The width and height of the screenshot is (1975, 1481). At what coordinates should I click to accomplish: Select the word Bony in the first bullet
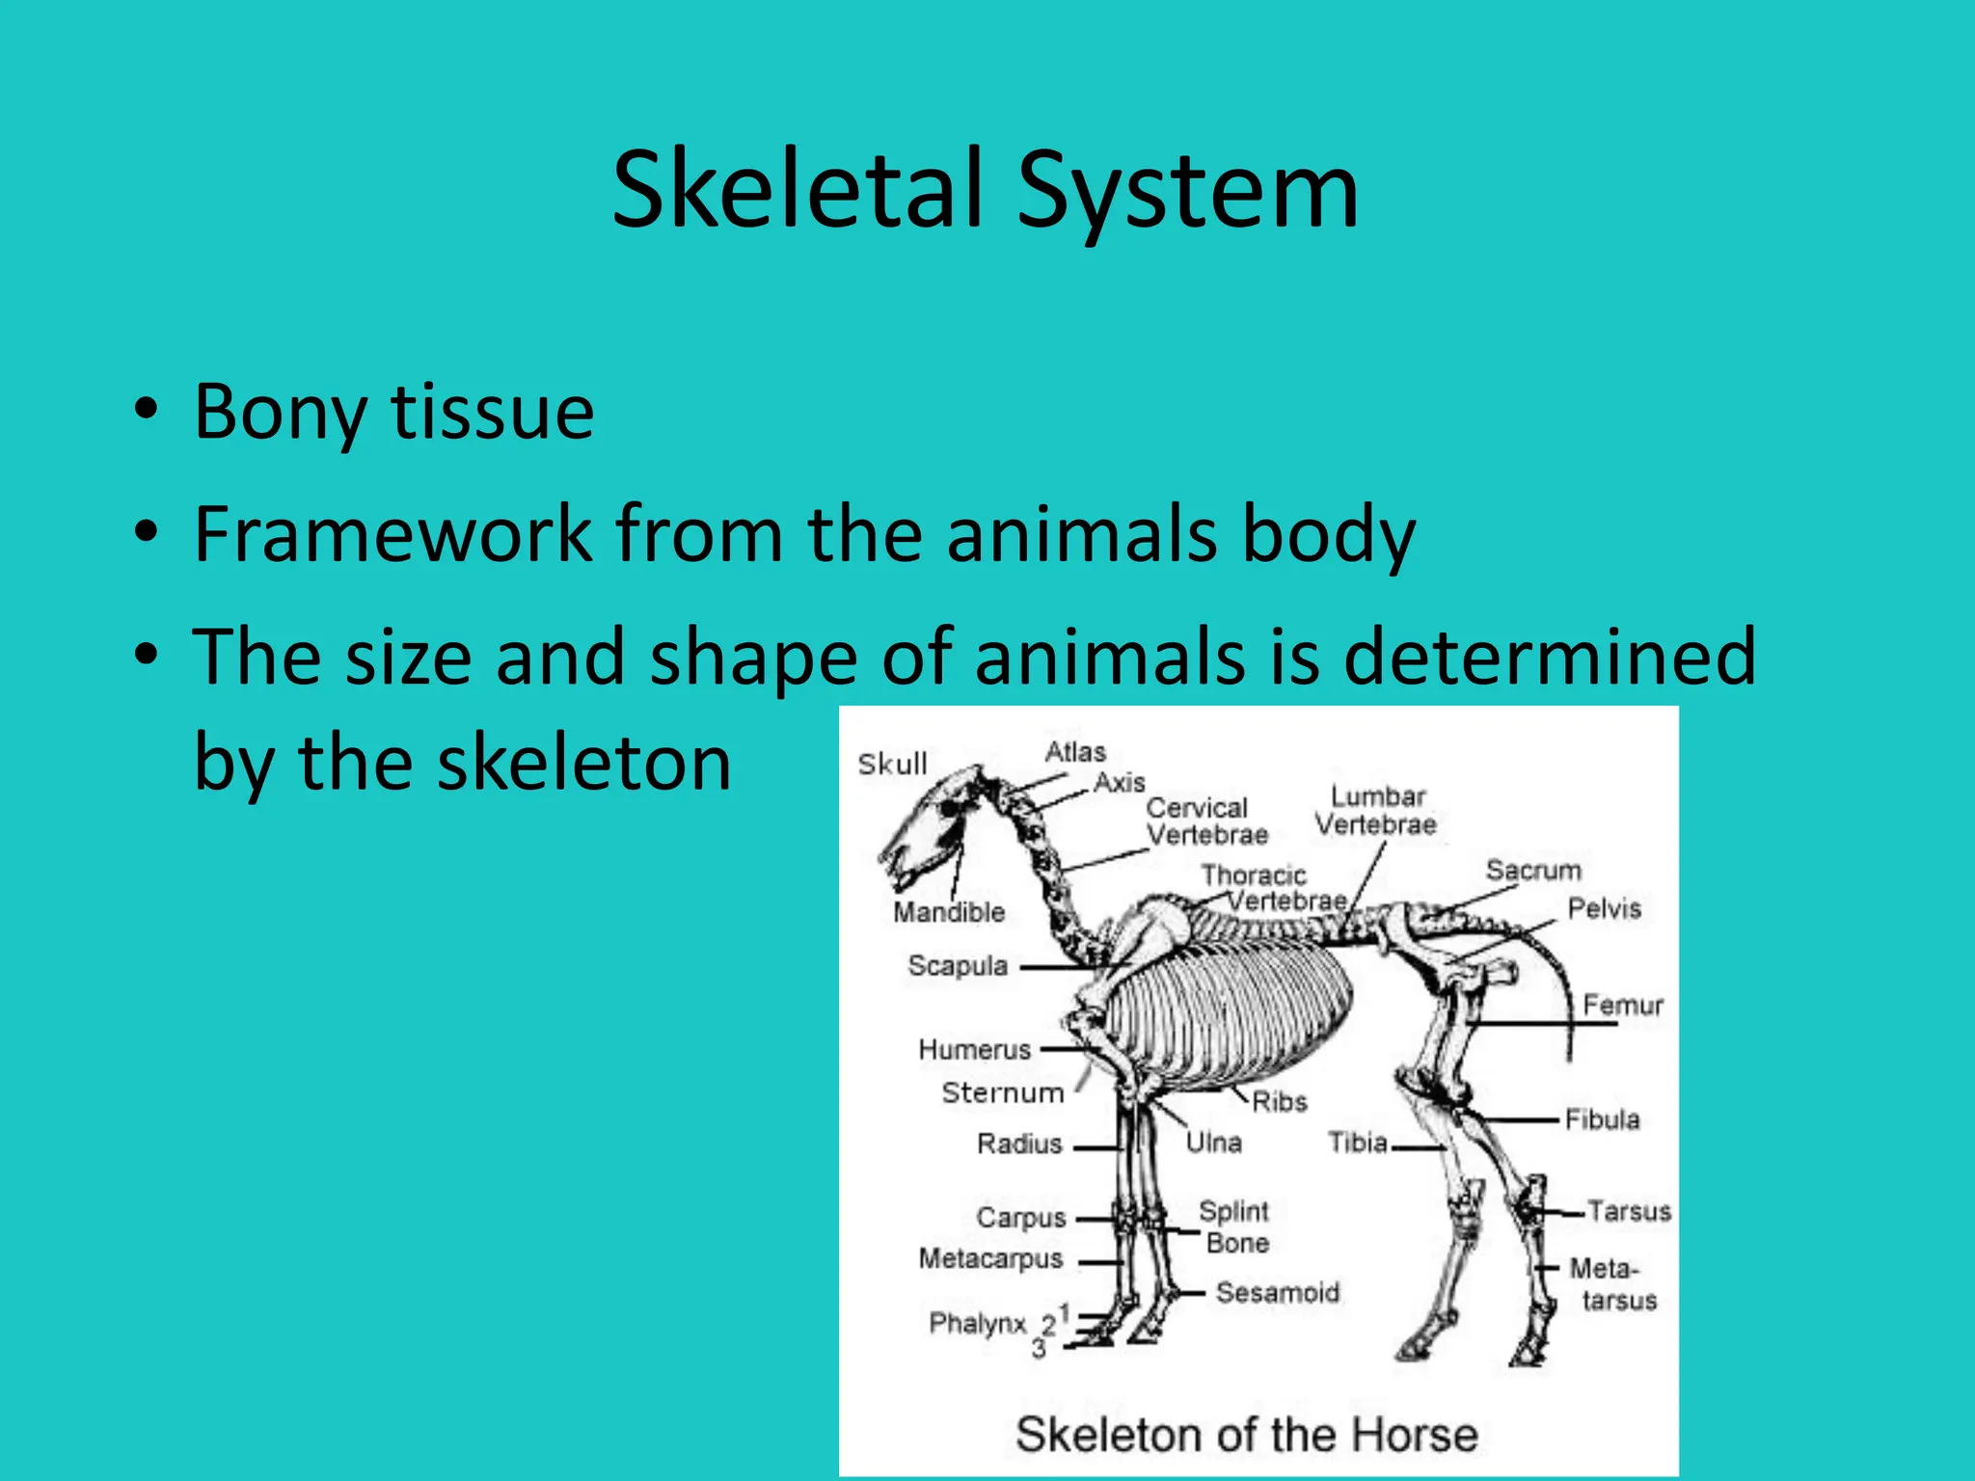pos(280,413)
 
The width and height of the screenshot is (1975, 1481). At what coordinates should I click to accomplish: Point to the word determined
pos(1549,657)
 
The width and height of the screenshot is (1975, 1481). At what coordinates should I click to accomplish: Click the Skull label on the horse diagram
pos(892,764)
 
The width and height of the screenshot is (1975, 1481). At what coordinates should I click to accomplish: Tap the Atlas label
pos(1075,752)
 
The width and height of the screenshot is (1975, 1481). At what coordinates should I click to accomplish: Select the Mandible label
pos(949,912)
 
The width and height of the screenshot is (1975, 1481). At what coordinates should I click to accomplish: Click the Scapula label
pos(958,965)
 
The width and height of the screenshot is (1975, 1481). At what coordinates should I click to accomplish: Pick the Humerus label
pos(975,1049)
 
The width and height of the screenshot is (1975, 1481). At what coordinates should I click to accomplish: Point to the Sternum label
pos(1003,1092)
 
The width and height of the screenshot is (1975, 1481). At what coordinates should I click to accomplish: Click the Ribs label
pos(1279,1101)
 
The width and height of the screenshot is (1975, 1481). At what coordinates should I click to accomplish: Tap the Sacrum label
pos(1533,870)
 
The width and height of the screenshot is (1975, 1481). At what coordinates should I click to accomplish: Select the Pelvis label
pos(1604,908)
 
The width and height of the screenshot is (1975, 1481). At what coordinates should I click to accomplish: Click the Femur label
pos(1623,1005)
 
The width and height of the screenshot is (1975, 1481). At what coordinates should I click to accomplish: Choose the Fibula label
pos(1602,1119)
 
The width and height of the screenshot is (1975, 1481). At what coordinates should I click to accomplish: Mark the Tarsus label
pos(1629,1211)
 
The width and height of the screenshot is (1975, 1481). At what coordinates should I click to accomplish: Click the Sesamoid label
pos(1278,1292)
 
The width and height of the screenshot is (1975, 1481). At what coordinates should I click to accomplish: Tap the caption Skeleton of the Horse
pos(1246,1435)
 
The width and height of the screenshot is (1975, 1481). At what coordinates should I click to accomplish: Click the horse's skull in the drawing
pos(926,820)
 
